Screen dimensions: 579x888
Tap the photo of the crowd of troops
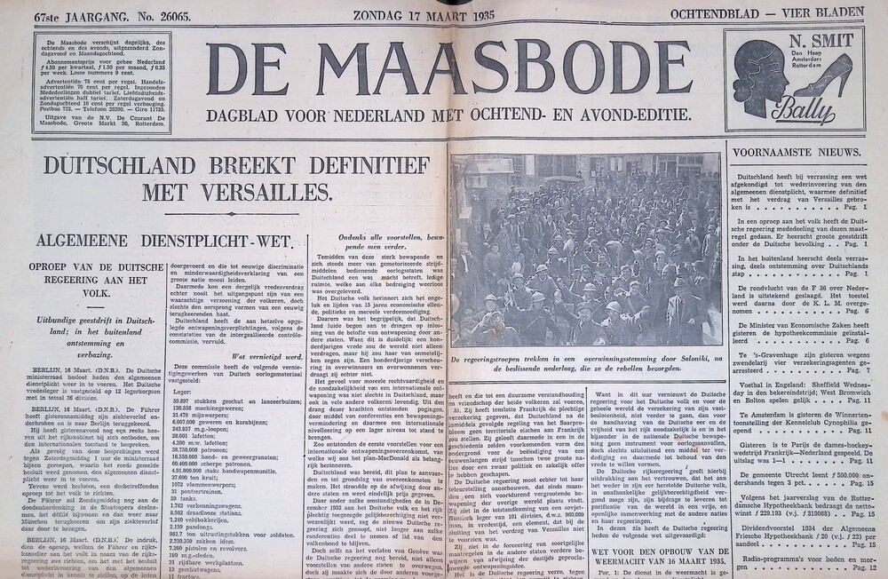585,250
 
